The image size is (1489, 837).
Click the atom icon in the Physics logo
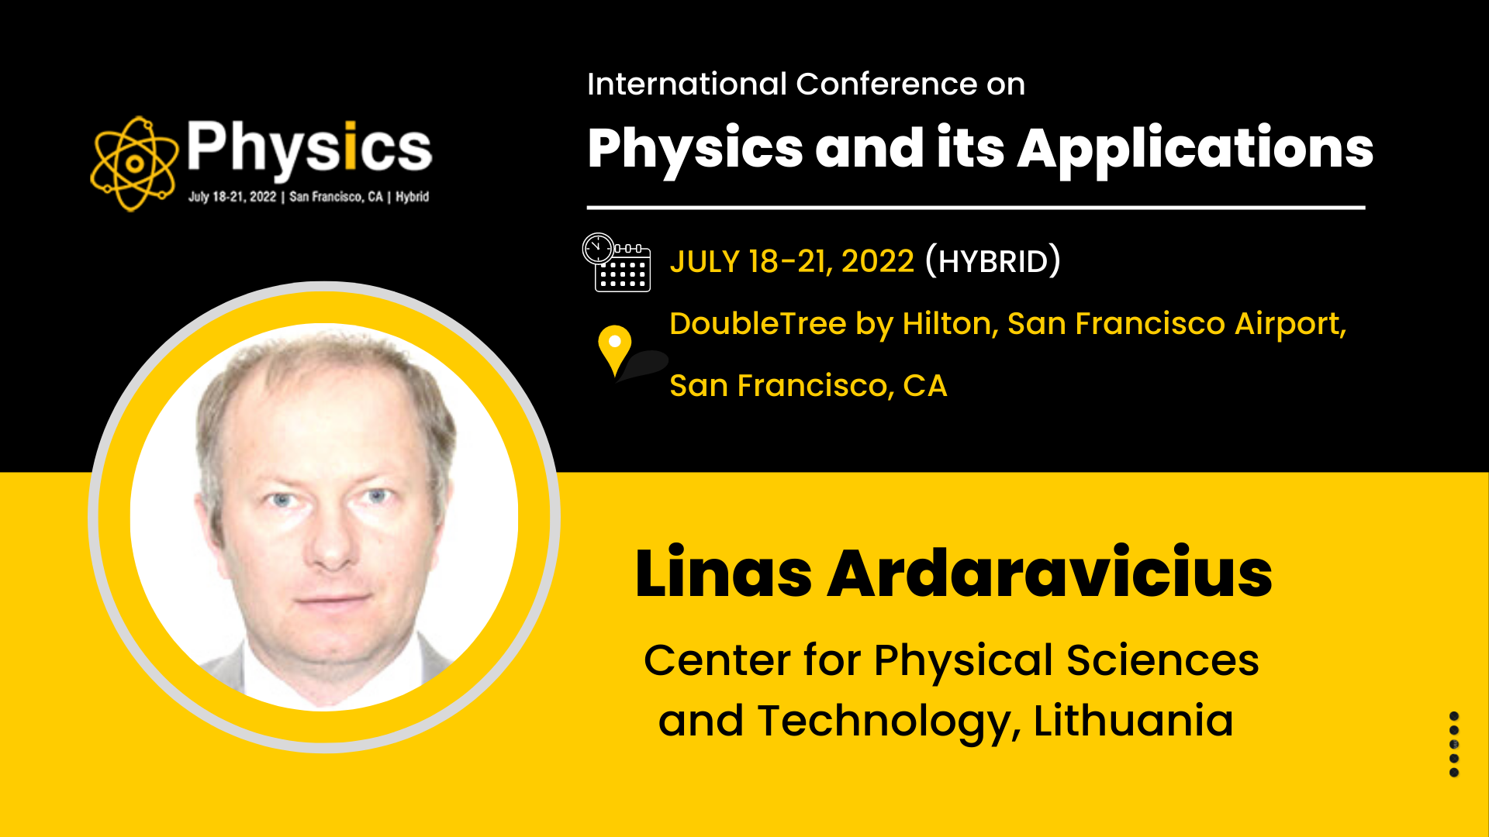(134, 164)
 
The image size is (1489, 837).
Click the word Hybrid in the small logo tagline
(412, 197)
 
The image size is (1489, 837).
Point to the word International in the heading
(687, 84)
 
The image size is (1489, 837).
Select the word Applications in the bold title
(1195, 149)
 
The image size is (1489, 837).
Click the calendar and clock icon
(617, 262)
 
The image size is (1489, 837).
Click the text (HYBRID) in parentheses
(993, 261)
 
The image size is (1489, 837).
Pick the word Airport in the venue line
(1290, 324)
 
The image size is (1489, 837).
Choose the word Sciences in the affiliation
(1163, 660)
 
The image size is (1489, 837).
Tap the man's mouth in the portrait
(333, 599)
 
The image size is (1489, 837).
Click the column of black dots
(1454, 744)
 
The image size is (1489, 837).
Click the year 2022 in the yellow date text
(878, 262)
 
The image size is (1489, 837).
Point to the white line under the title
(976, 208)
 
